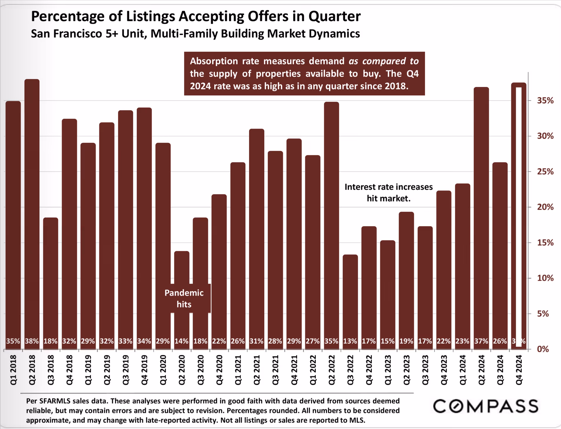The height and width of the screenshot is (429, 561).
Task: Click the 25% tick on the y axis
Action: coord(545,172)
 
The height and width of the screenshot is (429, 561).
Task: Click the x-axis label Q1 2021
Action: coord(238,370)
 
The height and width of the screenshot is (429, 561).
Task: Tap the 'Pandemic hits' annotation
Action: coord(184,298)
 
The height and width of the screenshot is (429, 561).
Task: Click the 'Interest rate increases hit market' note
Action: coord(389,192)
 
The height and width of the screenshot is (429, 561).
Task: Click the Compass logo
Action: coord(486,406)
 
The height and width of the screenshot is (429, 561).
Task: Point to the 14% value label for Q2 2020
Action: coord(181,341)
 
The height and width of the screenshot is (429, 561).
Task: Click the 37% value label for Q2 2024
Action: coord(481,341)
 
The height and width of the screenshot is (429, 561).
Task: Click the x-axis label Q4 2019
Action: coord(145,370)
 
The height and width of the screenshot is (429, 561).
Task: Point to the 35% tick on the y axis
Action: coord(545,101)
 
